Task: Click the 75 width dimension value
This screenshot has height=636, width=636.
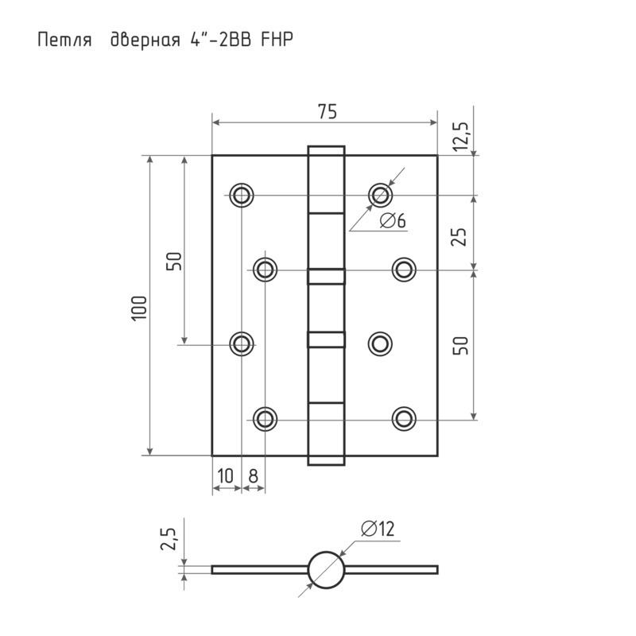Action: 327,111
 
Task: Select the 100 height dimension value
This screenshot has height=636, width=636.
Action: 140,308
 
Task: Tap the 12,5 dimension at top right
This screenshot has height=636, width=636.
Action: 462,136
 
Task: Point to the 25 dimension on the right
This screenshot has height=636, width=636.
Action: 460,237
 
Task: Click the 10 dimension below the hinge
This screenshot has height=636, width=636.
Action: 226,475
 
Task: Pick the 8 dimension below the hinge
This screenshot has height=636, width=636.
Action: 253,475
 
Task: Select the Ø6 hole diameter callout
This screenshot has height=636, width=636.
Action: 393,221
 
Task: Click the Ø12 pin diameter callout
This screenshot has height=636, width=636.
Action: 378,529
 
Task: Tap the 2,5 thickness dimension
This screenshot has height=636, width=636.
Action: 169,539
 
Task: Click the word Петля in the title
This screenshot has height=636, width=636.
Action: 64,41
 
